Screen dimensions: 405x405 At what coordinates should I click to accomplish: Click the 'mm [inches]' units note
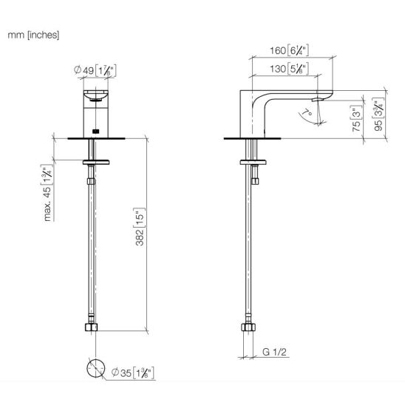[33, 35]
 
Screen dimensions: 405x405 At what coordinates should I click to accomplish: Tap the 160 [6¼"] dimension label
[289, 50]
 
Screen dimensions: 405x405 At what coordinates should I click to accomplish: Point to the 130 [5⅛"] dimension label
[289, 69]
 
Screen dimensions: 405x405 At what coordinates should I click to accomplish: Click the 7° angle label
[307, 112]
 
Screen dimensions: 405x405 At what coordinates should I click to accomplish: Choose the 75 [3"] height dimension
[356, 118]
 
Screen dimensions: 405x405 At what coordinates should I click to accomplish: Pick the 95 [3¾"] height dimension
[379, 115]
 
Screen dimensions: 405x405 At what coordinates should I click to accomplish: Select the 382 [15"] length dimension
[140, 227]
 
